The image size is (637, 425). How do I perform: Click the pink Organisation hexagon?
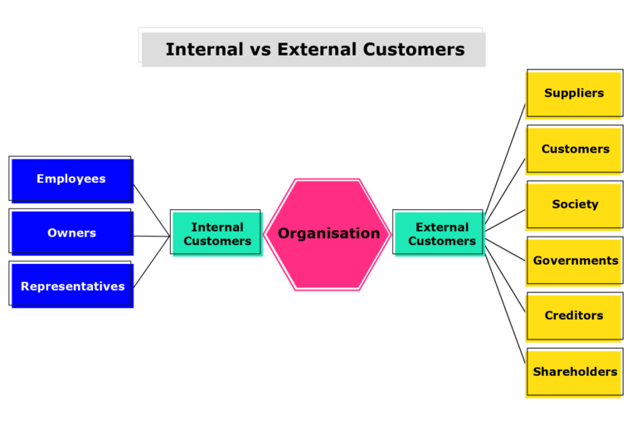click(x=328, y=233)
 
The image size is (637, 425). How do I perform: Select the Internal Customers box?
click(x=216, y=233)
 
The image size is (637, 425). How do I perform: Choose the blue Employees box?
click(x=71, y=179)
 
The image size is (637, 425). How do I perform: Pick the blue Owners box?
click(x=71, y=233)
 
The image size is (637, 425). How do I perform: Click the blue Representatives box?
click(x=72, y=286)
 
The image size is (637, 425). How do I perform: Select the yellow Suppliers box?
click(x=574, y=93)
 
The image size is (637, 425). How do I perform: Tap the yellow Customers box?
click(x=575, y=149)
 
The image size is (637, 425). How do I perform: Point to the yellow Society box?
click(x=575, y=205)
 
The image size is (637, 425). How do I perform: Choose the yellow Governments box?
click(x=575, y=261)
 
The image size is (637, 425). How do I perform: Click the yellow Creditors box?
click(x=574, y=315)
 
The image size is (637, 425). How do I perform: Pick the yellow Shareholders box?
click(x=575, y=372)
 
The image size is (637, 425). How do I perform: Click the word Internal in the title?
click(x=204, y=49)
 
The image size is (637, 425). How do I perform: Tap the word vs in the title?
click(x=260, y=49)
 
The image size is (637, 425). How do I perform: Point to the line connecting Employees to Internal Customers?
click(x=151, y=209)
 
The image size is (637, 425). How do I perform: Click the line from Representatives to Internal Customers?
click(x=151, y=263)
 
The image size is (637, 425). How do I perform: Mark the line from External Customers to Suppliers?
click(x=506, y=159)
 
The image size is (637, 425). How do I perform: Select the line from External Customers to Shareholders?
click(x=506, y=306)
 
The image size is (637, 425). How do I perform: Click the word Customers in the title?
click(x=413, y=49)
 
